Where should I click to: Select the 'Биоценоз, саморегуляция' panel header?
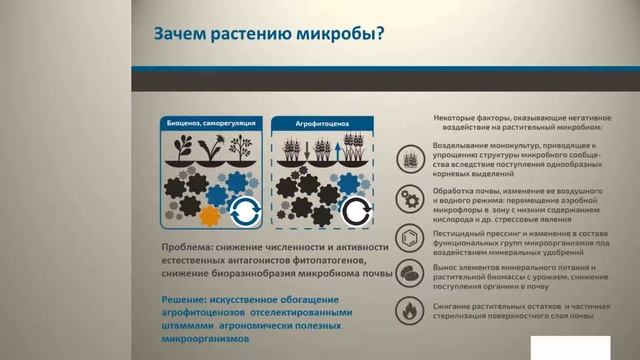coord(210,122)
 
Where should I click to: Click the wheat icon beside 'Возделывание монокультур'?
coord(410,159)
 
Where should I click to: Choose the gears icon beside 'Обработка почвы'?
coord(410,197)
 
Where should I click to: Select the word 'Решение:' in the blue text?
coord(190,299)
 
